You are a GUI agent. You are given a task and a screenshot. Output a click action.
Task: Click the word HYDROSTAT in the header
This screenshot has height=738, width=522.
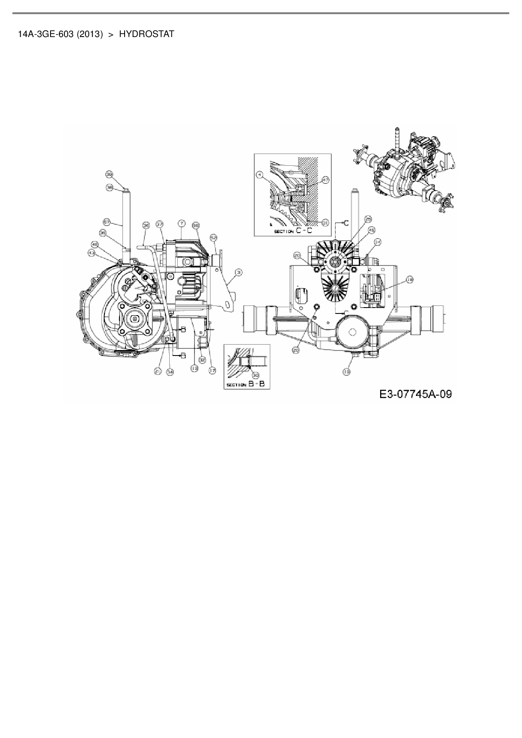click(146, 35)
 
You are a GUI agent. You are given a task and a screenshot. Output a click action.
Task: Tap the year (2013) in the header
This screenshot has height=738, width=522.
click(90, 35)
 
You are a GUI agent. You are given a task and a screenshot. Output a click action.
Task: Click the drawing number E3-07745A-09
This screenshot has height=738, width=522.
click(415, 394)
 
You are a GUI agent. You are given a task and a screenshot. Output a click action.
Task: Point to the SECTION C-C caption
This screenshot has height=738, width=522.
click(293, 231)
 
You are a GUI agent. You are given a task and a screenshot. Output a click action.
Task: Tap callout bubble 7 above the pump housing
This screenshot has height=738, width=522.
click(181, 223)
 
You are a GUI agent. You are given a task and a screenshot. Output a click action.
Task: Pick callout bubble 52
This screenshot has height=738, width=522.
click(213, 238)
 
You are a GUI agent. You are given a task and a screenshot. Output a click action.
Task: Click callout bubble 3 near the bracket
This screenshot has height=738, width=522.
click(239, 273)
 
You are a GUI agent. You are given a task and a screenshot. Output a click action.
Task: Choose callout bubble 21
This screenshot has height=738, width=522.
click(157, 371)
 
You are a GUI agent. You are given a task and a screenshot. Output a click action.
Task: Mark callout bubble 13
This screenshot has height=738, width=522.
click(194, 368)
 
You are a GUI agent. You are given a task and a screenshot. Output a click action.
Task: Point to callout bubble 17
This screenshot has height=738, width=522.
click(212, 370)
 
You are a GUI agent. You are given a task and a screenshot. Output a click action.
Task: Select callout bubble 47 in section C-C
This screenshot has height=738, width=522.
click(325, 180)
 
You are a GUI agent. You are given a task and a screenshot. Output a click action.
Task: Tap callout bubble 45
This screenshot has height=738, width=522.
click(371, 230)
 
